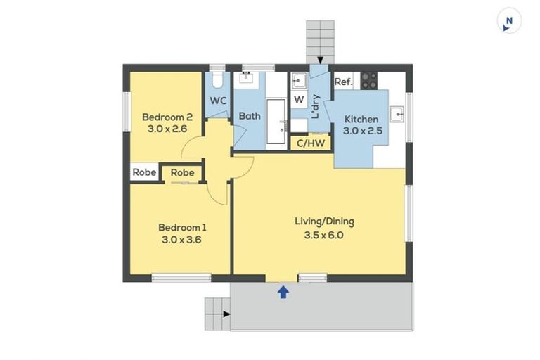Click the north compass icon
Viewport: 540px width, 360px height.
pos(508,21)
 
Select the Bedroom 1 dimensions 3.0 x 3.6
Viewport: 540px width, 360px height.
pos(182,239)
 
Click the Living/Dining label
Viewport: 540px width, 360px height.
pos(324,221)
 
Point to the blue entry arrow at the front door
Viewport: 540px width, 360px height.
pos(283,292)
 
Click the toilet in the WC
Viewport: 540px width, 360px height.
pos(218,79)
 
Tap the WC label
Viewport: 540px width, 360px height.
pos(218,101)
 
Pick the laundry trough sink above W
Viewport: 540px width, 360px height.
pos(299,79)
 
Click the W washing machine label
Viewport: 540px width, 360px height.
pos(299,100)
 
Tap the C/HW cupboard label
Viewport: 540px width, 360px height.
pos(311,143)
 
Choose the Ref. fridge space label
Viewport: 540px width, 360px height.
pos(343,82)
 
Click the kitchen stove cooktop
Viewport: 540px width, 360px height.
pos(369,80)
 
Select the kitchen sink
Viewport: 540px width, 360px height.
pos(397,115)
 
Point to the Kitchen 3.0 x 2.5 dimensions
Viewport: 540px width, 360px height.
pos(361,131)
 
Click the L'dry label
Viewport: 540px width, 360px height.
pos(316,106)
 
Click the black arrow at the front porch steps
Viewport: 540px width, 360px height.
pos(226,314)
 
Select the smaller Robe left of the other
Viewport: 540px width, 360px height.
pos(144,172)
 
